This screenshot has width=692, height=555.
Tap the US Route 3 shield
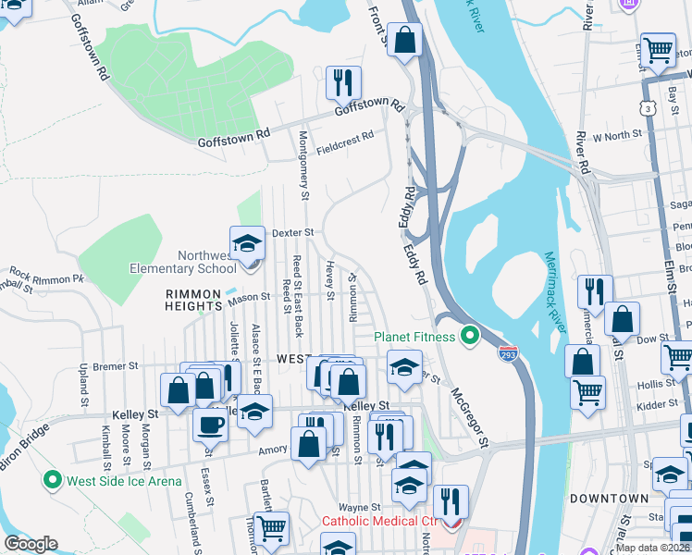tap(649, 109)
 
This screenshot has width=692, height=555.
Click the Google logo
tap(31, 544)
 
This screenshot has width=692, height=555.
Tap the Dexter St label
tap(293, 232)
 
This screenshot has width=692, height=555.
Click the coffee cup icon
tap(210, 425)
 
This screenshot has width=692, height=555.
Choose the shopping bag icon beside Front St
tap(404, 40)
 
